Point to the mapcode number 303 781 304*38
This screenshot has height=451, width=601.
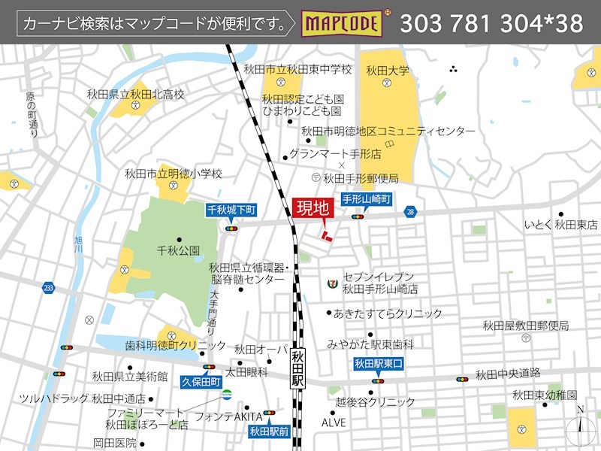(491, 24)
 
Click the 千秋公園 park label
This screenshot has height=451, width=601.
(178, 250)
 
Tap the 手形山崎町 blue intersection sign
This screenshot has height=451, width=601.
(367, 199)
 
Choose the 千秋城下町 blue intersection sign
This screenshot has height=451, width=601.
(231, 210)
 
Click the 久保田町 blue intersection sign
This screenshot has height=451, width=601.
(202, 382)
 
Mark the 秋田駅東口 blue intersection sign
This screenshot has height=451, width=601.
(379, 365)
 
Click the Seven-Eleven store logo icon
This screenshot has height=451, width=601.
(331, 283)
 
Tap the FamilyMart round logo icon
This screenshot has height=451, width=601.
(226, 395)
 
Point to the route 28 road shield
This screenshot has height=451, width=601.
(409, 213)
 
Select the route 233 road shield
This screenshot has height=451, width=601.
(49, 288)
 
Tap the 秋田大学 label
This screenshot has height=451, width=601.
(388, 71)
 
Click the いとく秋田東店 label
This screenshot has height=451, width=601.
(560, 225)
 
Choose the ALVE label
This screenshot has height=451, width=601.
(334, 422)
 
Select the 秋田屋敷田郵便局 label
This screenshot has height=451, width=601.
(525, 325)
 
